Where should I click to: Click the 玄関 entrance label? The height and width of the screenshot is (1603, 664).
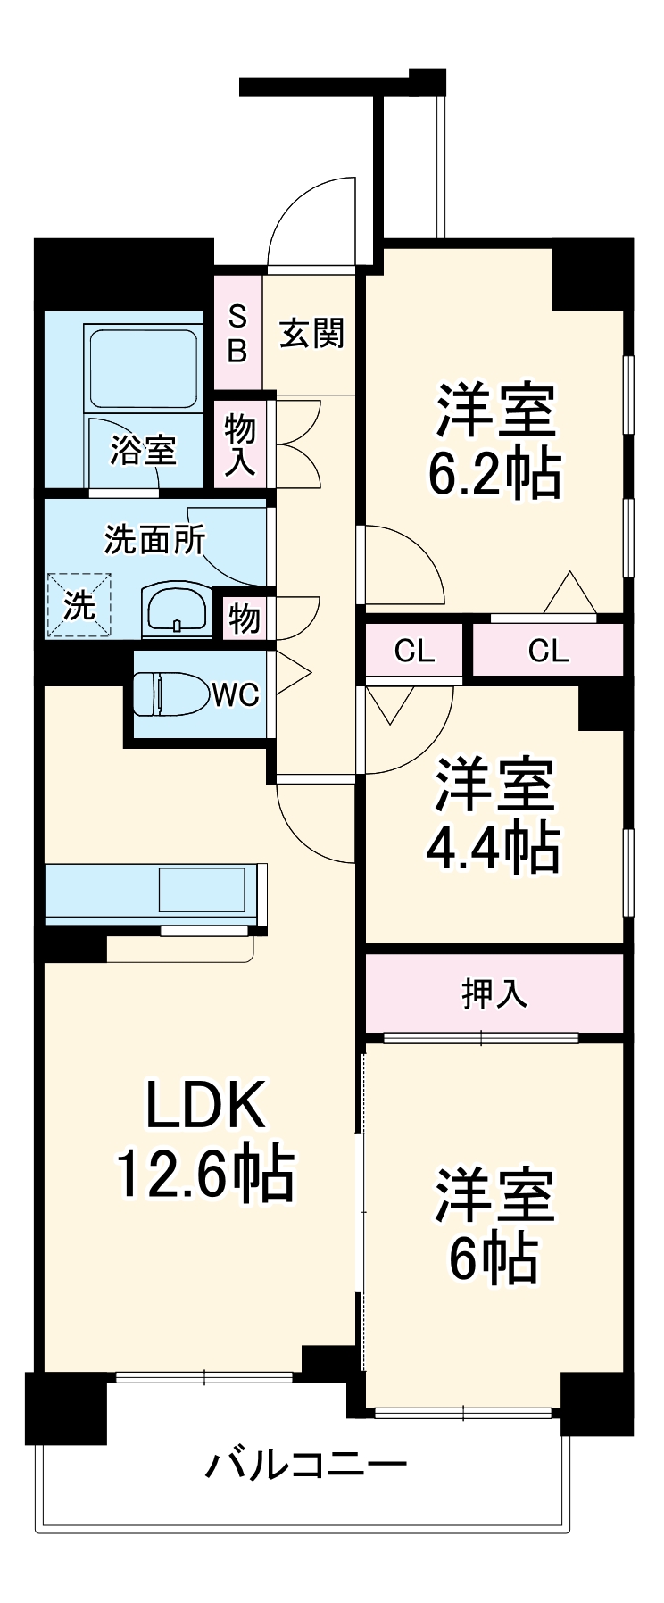click(x=311, y=334)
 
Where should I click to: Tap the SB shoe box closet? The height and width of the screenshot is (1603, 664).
click(x=237, y=333)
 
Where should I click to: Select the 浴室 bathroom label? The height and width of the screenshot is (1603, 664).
click(x=143, y=450)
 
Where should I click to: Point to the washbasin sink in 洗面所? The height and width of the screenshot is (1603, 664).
click(x=177, y=611)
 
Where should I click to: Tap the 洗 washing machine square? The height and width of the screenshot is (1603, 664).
click(x=79, y=605)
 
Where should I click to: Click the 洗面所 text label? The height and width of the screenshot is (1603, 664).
click(x=154, y=539)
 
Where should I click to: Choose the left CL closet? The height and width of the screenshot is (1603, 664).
click(x=414, y=651)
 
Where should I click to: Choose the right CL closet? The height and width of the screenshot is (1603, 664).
click(x=548, y=651)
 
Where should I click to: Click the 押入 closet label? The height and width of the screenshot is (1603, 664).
click(x=494, y=993)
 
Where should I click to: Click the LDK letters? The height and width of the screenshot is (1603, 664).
click(x=205, y=1105)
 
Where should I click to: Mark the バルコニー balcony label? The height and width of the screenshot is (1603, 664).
click(x=306, y=1465)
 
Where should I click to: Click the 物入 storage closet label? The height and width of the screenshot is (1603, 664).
click(x=239, y=444)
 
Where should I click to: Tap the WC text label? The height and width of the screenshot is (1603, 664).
click(x=236, y=694)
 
